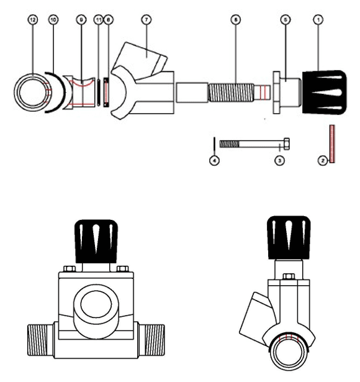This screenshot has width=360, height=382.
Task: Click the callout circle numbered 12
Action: pyautogui.click(x=34, y=20)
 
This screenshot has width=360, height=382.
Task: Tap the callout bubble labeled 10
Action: pyautogui.click(x=53, y=20)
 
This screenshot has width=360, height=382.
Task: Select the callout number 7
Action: pyautogui.click(x=146, y=20)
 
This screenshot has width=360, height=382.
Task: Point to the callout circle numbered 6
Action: pyautogui.click(x=235, y=20)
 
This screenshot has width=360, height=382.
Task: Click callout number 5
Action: pyautogui.click(x=285, y=20)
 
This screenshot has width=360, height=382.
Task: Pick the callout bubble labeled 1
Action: pyautogui.click(x=318, y=20)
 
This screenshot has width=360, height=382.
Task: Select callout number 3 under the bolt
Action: pyautogui.click(x=279, y=160)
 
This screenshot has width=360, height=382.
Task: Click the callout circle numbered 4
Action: pyautogui.click(x=214, y=160)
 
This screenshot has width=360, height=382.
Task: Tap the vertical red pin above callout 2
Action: pyautogui.click(x=332, y=143)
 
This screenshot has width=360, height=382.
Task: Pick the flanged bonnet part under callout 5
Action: pyautogui.click(x=286, y=91)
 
